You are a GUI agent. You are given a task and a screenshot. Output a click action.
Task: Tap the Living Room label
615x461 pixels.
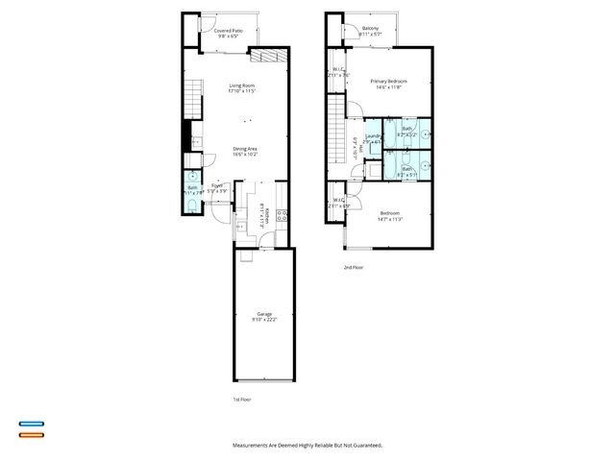click(x=241, y=87)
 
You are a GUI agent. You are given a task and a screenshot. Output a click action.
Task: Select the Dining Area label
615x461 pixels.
click(x=244, y=148)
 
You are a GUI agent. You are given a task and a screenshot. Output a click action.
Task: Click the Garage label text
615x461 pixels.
click(x=263, y=314)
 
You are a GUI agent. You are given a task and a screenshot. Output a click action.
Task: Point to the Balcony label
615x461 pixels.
click(x=369, y=29)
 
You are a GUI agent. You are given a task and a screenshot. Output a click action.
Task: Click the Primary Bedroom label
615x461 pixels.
click(x=389, y=82)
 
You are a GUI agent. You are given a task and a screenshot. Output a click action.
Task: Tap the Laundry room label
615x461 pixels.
click(x=372, y=136)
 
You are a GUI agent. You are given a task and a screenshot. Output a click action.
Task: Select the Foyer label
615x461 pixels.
click(x=218, y=185)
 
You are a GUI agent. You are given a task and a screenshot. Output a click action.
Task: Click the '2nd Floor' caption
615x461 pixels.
click(x=355, y=266)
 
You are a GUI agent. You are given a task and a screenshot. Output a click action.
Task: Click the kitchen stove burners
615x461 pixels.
click(x=282, y=215)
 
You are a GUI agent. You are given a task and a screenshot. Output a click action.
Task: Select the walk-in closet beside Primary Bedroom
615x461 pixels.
click(x=338, y=72)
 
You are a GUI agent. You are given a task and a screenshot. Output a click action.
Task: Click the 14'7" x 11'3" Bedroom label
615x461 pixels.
click(x=389, y=215)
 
